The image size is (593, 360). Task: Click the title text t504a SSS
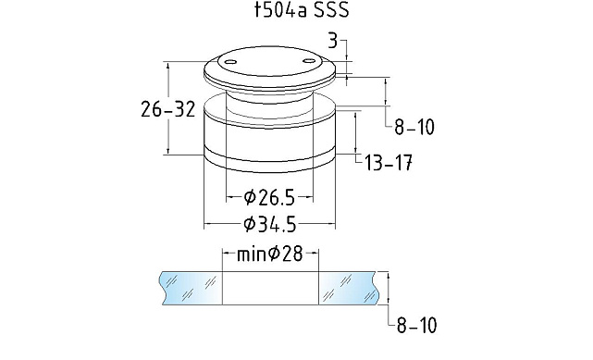point(302,10)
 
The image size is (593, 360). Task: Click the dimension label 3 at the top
point(332,41)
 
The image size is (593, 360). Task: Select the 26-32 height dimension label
point(168,109)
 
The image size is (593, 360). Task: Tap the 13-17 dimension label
point(389,164)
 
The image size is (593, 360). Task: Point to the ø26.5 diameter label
point(269,197)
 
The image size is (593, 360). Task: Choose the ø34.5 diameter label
point(269,225)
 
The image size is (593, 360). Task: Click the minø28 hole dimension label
point(269,254)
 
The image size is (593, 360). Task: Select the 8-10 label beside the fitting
point(414,127)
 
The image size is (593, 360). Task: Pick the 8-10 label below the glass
point(416,325)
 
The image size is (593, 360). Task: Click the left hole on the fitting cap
point(229,62)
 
